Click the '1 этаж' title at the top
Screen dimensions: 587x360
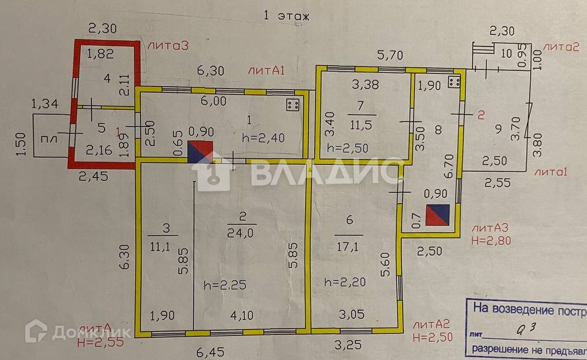pyautogui.click(x=286, y=16)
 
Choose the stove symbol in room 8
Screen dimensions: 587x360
pyautogui.click(x=453, y=81)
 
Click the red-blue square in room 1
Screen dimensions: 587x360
pyautogui.click(x=200, y=151)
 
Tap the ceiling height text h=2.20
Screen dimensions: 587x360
pyautogui.click(x=345, y=282)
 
